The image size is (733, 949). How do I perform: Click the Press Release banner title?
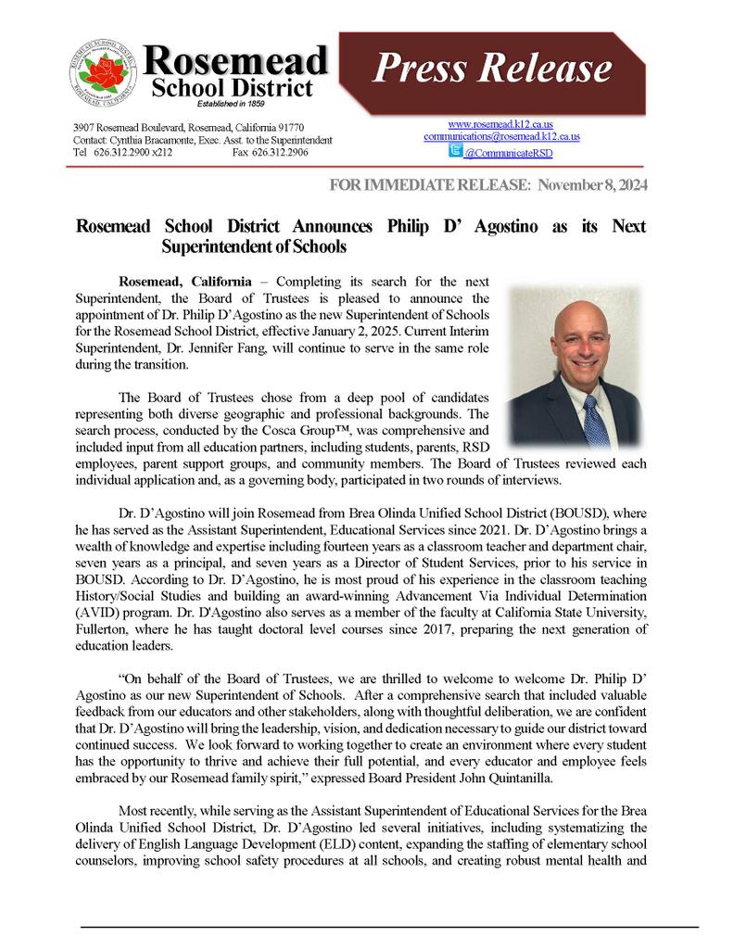(492, 69)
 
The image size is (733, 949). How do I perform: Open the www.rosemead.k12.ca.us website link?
(500, 124)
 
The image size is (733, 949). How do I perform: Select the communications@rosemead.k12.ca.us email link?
(501, 136)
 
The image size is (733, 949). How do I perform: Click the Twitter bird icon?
(455, 150)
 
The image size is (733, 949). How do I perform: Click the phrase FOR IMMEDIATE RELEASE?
(430, 185)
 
